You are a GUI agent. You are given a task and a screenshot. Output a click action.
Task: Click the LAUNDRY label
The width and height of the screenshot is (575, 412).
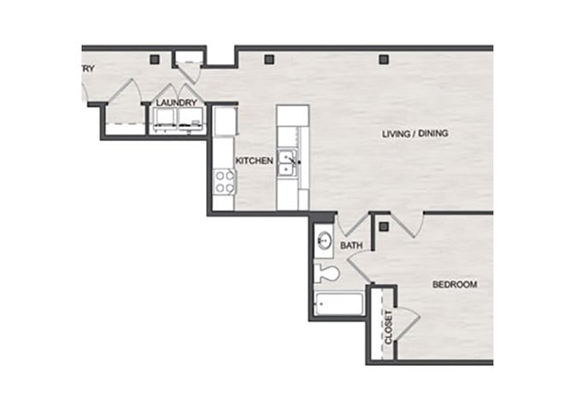tap(177, 104)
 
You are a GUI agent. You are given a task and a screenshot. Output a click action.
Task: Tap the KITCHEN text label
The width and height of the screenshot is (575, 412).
tap(254, 161)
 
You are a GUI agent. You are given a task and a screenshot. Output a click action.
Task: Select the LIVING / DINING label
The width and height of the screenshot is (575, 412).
tap(415, 134)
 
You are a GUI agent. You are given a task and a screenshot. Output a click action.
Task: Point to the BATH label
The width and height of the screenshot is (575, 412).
tap(351, 246)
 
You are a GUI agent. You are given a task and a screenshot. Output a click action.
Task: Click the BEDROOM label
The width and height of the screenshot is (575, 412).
tap(454, 284)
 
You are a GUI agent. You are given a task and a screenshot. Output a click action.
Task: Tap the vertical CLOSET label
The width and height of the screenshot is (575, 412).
tap(388, 328)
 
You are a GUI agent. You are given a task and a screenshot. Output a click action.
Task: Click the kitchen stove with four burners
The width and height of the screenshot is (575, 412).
tap(224, 181)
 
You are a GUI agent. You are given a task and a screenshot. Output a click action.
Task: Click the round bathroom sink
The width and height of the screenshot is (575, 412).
tap(324, 240)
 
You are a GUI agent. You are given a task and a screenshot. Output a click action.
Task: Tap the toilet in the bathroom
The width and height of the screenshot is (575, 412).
tap(327, 274)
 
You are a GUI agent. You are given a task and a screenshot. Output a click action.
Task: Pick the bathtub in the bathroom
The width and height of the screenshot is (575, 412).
tap(337, 304)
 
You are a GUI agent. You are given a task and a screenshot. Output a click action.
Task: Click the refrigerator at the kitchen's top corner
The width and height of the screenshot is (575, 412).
tap(224, 121)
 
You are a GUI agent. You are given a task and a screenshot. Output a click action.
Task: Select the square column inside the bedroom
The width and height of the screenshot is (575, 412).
tap(384, 227)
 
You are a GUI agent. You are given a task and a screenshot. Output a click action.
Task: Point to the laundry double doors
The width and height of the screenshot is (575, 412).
tap(177, 92)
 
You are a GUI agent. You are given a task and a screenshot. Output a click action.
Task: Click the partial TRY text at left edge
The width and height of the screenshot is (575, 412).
tap(88, 69)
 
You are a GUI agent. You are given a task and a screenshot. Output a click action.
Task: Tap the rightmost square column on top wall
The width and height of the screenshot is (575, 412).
tap(383, 59)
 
